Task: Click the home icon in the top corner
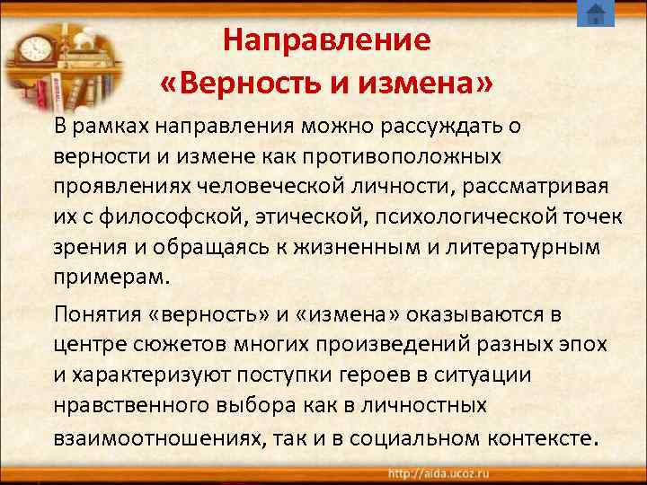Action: click(595, 14)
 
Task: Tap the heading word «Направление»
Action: click(327, 40)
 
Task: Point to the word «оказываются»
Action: click(471, 313)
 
